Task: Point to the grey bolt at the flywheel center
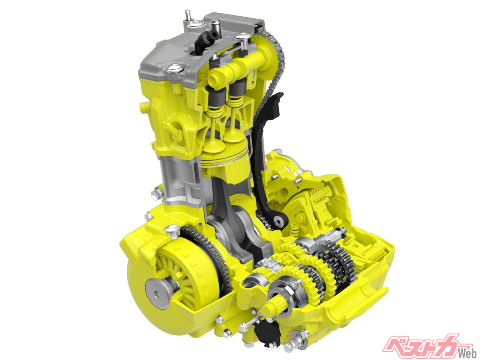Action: [156, 294]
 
